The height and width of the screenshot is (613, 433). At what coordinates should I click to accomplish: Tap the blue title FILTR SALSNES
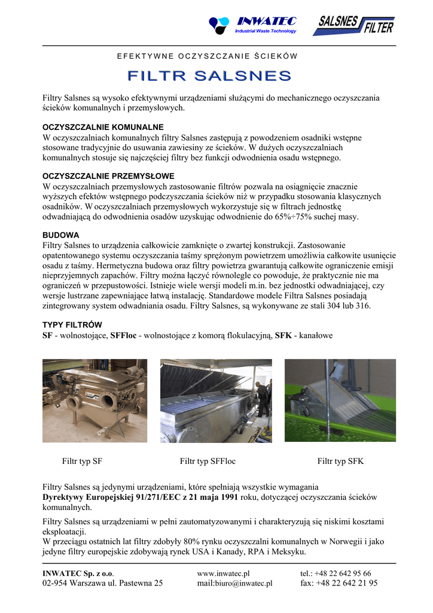(x=209, y=76)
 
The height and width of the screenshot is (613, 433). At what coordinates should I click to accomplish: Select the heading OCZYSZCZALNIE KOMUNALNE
(x=103, y=128)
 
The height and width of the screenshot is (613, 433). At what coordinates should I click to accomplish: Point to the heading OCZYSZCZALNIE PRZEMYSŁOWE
(x=108, y=177)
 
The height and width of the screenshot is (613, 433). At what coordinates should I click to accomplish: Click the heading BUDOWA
(x=61, y=235)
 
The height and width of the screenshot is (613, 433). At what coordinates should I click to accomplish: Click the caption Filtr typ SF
(x=82, y=462)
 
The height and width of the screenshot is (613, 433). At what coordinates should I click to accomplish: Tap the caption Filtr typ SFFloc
(x=208, y=462)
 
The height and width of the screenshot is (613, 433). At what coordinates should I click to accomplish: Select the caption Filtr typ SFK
(x=340, y=462)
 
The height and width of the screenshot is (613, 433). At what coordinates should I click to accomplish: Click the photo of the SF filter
(x=94, y=400)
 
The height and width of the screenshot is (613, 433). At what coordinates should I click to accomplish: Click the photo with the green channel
(x=340, y=400)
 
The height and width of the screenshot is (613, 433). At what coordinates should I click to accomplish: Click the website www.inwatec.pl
(x=223, y=573)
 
